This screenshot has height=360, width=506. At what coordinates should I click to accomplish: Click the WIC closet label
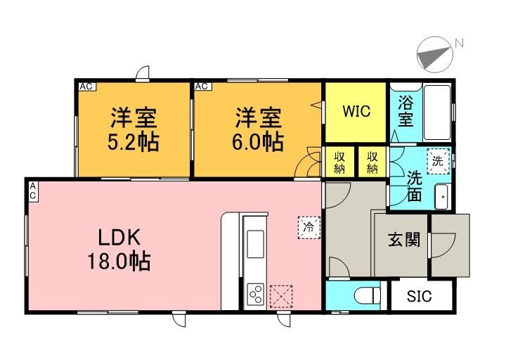click(356, 111)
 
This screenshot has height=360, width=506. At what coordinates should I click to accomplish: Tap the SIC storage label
click(419, 296)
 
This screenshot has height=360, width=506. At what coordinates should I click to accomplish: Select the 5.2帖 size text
click(133, 142)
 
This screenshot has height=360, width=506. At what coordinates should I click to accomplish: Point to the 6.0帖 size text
click(258, 142)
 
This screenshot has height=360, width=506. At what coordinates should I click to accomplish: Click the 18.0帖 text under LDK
click(119, 261)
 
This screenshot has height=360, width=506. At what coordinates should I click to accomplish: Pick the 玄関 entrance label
click(404, 240)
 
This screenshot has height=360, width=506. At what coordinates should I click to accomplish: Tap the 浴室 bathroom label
click(406, 111)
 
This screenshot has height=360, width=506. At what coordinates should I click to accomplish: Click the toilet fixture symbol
click(368, 296)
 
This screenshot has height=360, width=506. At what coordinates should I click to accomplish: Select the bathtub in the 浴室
click(437, 112)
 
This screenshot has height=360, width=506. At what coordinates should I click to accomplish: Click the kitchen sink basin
click(256, 244)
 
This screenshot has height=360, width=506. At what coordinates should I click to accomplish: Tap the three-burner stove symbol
click(256, 294)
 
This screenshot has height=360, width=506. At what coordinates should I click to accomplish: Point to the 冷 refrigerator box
click(309, 227)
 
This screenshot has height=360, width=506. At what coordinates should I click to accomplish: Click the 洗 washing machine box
click(439, 161)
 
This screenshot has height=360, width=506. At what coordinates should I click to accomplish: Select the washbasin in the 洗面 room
click(442, 197)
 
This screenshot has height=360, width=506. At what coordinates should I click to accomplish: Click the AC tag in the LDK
click(33, 192)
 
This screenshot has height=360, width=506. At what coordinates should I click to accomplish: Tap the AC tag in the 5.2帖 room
click(86, 86)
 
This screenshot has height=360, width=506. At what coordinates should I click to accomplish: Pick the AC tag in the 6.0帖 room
click(202, 86)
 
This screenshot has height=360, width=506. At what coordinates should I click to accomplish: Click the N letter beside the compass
click(459, 43)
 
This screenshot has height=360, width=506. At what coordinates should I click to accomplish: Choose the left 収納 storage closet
click(339, 162)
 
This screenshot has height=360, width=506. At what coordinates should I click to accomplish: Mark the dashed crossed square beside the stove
click(281, 297)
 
